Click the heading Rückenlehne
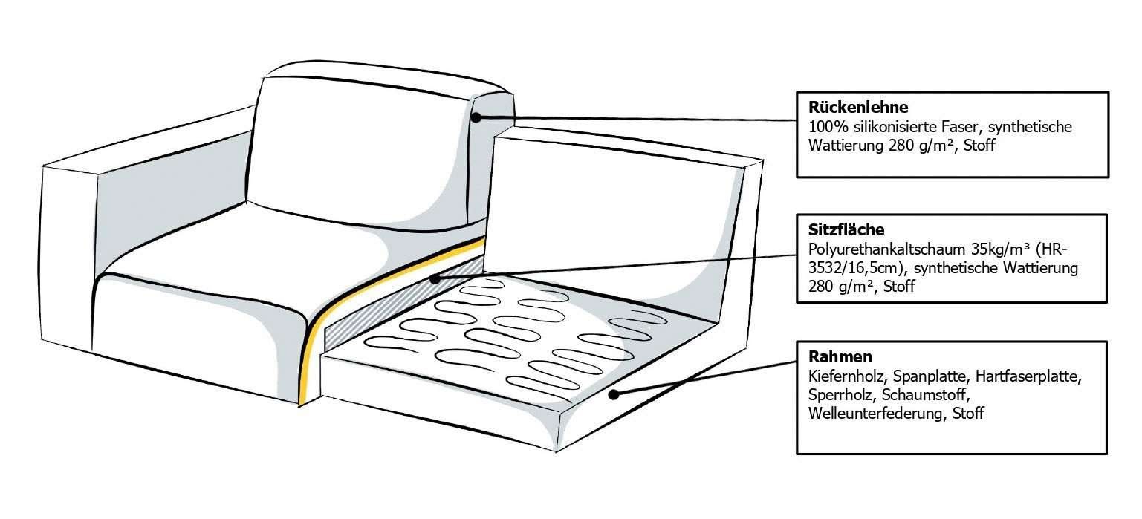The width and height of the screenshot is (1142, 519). (x=858, y=108)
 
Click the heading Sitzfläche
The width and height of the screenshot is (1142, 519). (x=846, y=229)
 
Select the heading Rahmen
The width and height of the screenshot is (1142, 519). (x=840, y=356)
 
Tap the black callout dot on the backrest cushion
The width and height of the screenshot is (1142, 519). (x=476, y=117)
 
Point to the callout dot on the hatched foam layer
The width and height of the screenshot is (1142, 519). (x=435, y=279)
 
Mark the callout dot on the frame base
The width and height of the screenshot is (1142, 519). (x=614, y=394)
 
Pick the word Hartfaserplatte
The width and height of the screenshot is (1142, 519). (x=1028, y=376)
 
